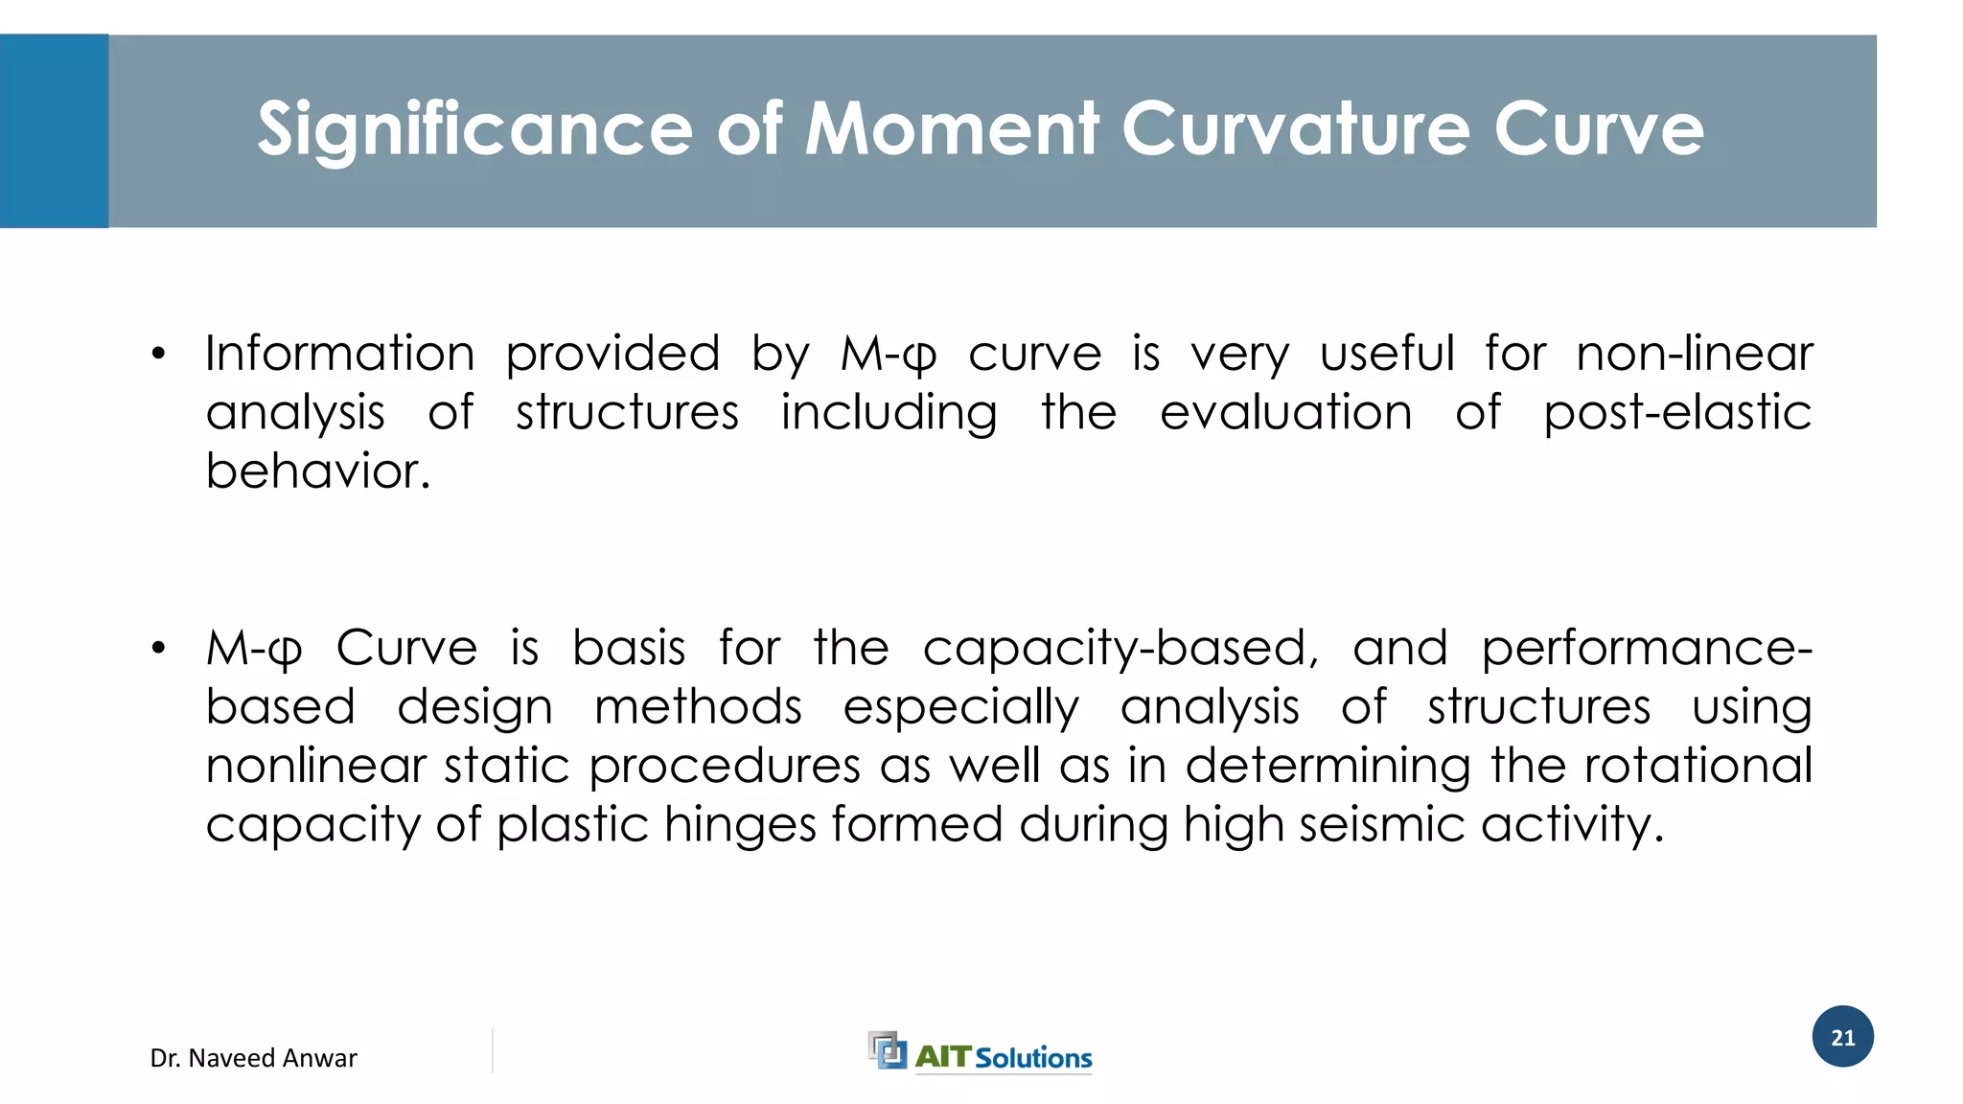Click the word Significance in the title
tap(474, 130)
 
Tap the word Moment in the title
tap(951, 128)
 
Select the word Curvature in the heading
tap(1295, 128)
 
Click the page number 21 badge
tap(1842, 1037)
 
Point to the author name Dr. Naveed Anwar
tap(253, 1058)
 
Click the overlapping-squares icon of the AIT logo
tap(887, 1050)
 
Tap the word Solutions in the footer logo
tap(1033, 1058)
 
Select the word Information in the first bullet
tap(340, 354)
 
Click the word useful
tap(1387, 354)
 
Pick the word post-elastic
tap(1676, 413)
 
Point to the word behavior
tap(318, 471)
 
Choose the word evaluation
tap(1285, 413)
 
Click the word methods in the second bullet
tap(698, 707)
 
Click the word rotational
tap(1697, 766)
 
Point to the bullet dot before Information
tap(158, 355)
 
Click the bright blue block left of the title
tap(54, 131)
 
